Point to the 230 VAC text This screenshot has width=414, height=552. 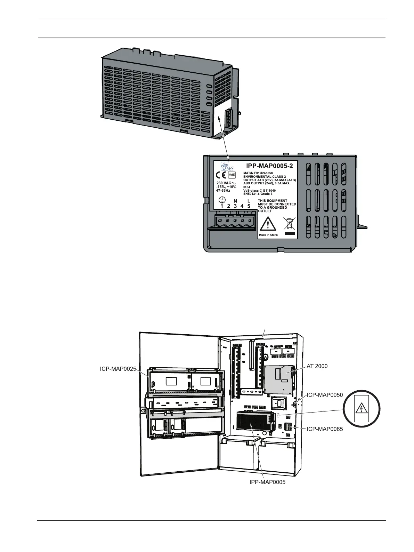coord(226,183)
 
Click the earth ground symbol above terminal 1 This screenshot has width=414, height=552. coord(222,200)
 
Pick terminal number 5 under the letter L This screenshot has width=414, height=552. coord(249,206)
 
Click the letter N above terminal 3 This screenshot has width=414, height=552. coord(235,201)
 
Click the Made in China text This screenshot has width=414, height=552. coord(268,235)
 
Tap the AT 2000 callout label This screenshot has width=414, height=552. coord(317,366)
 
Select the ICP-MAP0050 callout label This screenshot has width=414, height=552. coord(325,395)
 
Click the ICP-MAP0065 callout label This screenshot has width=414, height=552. coord(325,429)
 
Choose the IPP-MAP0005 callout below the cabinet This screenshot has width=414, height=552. coord(267,482)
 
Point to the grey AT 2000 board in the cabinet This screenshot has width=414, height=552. coord(279,378)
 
